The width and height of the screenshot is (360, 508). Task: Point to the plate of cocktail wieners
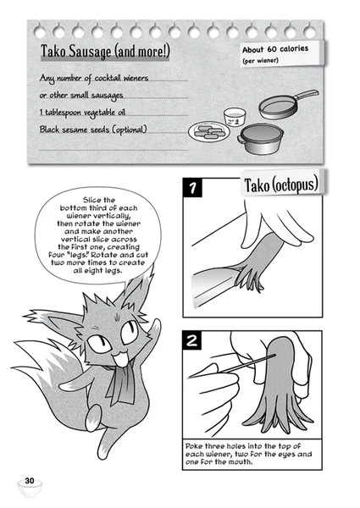pyautogui.click(x=210, y=132)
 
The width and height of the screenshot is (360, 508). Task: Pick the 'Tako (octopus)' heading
pyautogui.click(x=281, y=185)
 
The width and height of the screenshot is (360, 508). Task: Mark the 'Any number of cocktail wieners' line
pyautogui.click(x=95, y=78)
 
